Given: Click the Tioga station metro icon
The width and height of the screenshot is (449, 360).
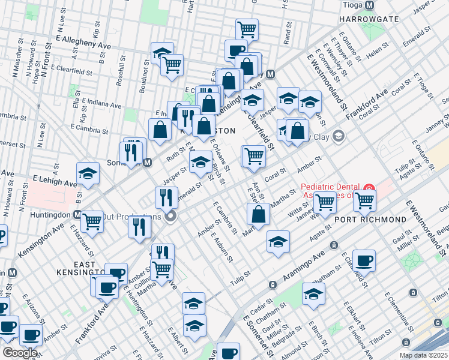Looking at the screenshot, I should click(369, 5).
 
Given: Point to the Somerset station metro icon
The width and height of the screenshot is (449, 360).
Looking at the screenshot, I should click(146, 163).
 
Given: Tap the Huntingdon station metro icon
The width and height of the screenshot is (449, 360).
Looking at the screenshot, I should click(78, 214).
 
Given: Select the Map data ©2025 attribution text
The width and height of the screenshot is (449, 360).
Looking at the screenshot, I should click(423, 355).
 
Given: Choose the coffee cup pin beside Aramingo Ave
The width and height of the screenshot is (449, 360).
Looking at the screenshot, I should click(363, 261).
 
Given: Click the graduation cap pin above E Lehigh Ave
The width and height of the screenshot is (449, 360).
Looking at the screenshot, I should click(88, 174).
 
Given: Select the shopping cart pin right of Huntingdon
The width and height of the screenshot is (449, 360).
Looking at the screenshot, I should click(92, 221).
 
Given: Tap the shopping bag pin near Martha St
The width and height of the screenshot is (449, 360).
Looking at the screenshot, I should click(258, 214).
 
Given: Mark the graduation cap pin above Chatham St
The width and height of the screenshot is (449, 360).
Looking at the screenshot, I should click(313, 294).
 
